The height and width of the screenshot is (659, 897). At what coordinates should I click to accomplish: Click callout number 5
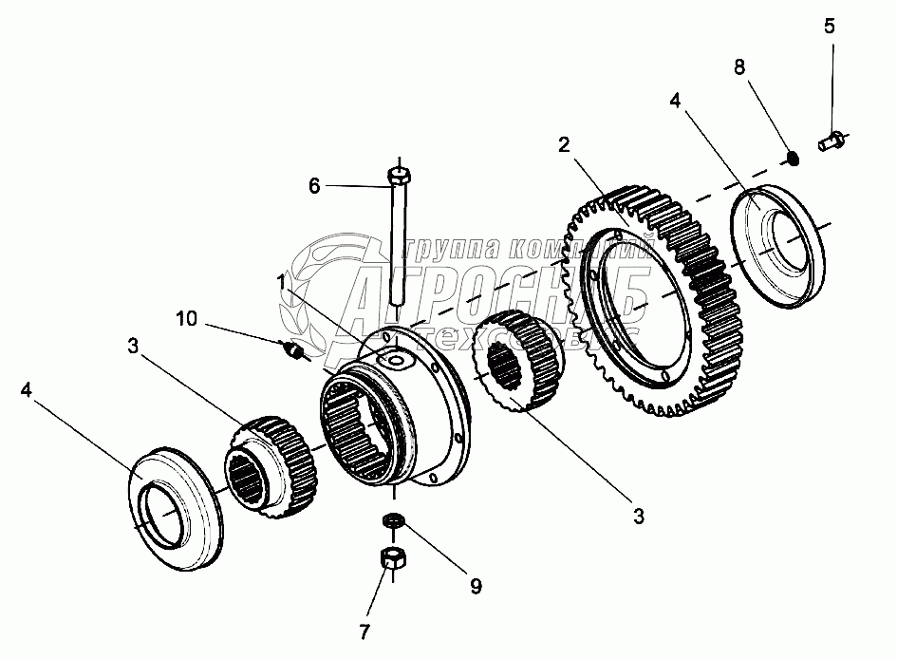(x=829, y=26)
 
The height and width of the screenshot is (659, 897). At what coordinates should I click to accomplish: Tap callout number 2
(x=563, y=145)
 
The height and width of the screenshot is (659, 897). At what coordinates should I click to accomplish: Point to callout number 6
(x=314, y=186)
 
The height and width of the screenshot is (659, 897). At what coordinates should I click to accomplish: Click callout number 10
(x=186, y=318)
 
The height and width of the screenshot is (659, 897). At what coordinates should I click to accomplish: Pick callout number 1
(x=281, y=282)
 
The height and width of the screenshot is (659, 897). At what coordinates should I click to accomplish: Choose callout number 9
(x=475, y=586)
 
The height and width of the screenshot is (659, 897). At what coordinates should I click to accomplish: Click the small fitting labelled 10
(x=294, y=351)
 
